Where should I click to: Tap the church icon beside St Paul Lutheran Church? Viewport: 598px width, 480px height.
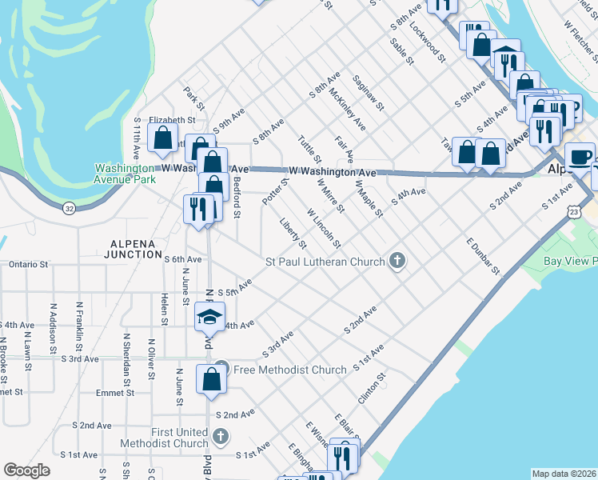point(397,262)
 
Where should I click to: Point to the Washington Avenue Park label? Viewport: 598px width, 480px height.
point(124,174)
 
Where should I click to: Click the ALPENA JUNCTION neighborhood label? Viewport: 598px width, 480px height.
point(133,254)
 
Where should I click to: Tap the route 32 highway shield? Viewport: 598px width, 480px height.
point(70,208)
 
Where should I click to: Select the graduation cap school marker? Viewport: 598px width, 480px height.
point(208,318)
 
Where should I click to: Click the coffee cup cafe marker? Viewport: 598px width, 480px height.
point(580,157)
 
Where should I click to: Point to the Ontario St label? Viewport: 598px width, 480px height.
point(29,263)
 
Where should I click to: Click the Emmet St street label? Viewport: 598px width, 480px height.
point(117,393)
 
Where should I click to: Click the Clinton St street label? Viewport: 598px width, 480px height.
point(373,388)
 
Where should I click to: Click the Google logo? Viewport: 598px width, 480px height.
point(27,470)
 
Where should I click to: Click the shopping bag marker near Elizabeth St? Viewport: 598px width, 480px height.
point(162,137)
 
